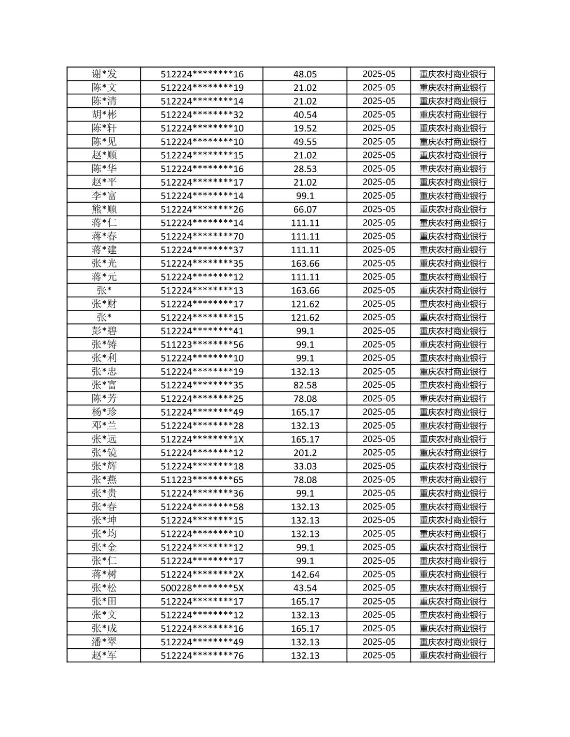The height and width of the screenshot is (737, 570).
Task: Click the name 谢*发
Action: (104, 74)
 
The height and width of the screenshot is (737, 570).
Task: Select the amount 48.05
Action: (305, 74)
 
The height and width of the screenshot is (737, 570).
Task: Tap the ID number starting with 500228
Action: (202, 588)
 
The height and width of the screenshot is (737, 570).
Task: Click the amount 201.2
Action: (305, 453)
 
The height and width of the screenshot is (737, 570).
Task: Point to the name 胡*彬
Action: (104, 114)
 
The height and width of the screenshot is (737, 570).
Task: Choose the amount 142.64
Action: (305, 575)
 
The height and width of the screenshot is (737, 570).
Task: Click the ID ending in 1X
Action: (202, 439)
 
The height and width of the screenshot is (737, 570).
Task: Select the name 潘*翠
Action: (104, 642)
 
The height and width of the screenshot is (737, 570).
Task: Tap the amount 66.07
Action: (305, 209)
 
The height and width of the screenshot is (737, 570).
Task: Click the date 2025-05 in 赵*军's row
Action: (379, 655)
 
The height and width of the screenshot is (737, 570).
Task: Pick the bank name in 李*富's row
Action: (453, 196)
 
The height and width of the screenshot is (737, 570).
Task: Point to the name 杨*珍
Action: (104, 412)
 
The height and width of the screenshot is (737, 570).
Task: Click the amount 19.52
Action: (305, 128)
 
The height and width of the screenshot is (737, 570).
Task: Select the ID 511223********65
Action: (202, 480)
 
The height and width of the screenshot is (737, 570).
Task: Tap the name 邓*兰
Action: (104, 425)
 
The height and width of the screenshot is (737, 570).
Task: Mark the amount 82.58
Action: (305, 385)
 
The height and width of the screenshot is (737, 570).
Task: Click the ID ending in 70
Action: (202, 237)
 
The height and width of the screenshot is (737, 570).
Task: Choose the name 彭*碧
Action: (104, 331)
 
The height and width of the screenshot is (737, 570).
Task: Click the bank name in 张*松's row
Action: (453, 588)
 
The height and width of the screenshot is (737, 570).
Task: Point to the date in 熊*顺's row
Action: (379, 209)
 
